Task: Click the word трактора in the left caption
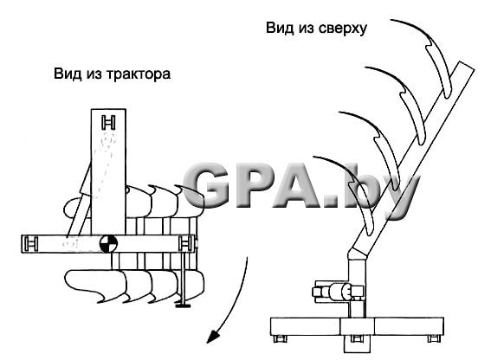coord(139,74)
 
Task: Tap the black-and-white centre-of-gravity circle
coord(108,244)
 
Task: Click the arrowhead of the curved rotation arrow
coord(213,337)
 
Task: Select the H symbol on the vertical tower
coord(108,122)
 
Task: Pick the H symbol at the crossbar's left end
coord(31,243)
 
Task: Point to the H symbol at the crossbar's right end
coord(185,243)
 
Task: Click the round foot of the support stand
coord(184,305)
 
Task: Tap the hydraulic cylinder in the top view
coord(339,292)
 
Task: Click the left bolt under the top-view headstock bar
coord(279,338)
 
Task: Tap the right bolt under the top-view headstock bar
coord(434,338)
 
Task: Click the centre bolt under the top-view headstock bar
coord(357,338)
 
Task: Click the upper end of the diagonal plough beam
coord(467,67)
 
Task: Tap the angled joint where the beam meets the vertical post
coord(358,253)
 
